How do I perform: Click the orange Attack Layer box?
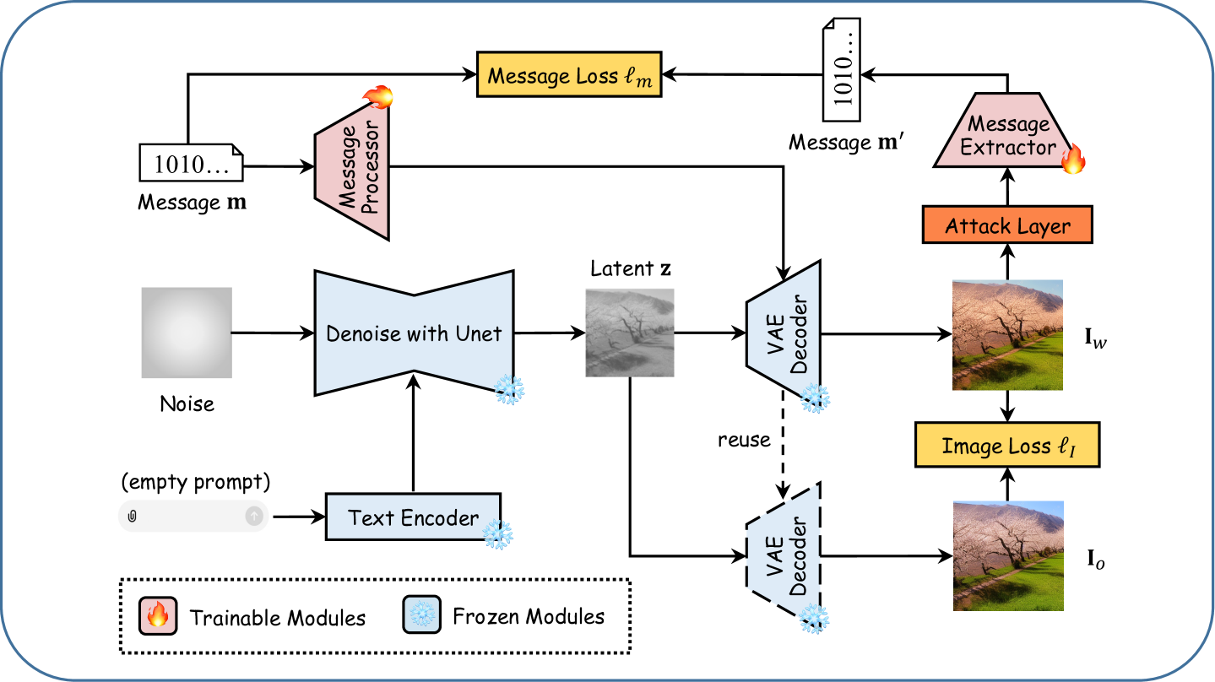pyautogui.click(x=1007, y=226)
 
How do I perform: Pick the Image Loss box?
pyautogui.click(x=1007, y=447)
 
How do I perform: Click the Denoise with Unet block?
pyautogui.click(x=414, y=333)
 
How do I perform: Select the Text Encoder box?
pyautogui.click(x=413, y=517)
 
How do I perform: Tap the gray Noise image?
pyautogui.click(x=187, y=333)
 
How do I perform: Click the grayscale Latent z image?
pyautogui.click(x=630, y=332)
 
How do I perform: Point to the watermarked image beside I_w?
pyautogui.click(x=1007, y=334)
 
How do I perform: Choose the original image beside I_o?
pyautogui.click(x=1007, y=555)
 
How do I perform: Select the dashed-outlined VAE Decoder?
pyautogui.click(x=784, y=555)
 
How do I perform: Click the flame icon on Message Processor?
pyautogui.click(x=378, y=99)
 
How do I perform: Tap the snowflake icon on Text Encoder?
pyautogui.click(x=497, y=534)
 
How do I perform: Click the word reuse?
pyautogui.click(x=744, y=440)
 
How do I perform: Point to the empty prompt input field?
pyautogui.click(x=193, y=516)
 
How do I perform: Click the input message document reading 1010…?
pyautogui.click(x=190, y=164)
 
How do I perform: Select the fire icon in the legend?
pyautogui.click(x=157, y=615)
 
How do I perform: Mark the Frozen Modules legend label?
pyautogui.click(x=529, y=616)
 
